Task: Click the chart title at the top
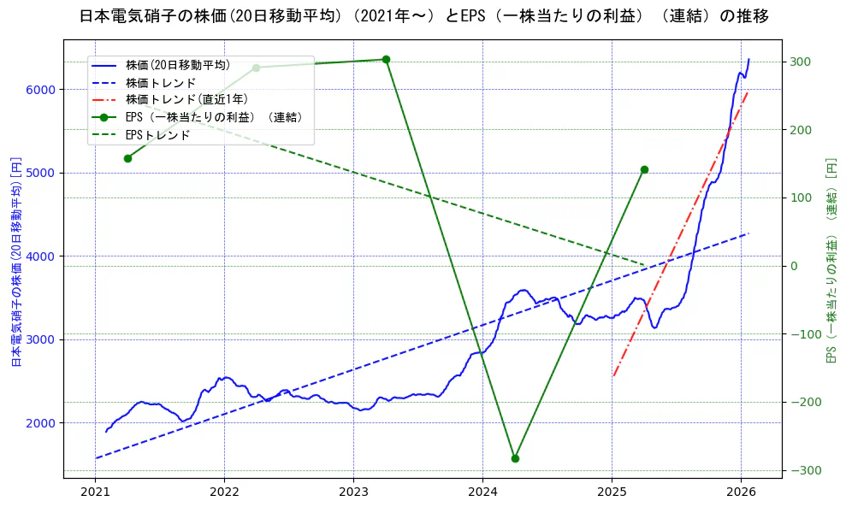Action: (x=423, y=16)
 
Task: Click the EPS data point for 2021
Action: (x=127, y=158)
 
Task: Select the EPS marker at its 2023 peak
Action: (x=386, y=59)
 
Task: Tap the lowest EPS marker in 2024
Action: (x=515, y=458)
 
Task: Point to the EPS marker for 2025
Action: (x=644, y=169)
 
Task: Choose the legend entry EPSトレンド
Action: (x=157, y=134)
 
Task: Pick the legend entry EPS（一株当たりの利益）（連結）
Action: (x=213, y=117)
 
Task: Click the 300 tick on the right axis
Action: (x=800, y=62)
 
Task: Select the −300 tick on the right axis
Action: (x=800, y=470)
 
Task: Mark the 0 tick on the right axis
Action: (x=795, y=266)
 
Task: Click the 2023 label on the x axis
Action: (x=353, y=492)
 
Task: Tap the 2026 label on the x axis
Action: (x=741, y=492)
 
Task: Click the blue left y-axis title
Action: (x=16, y=262)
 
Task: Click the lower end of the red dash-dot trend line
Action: (x=614, y=375)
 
